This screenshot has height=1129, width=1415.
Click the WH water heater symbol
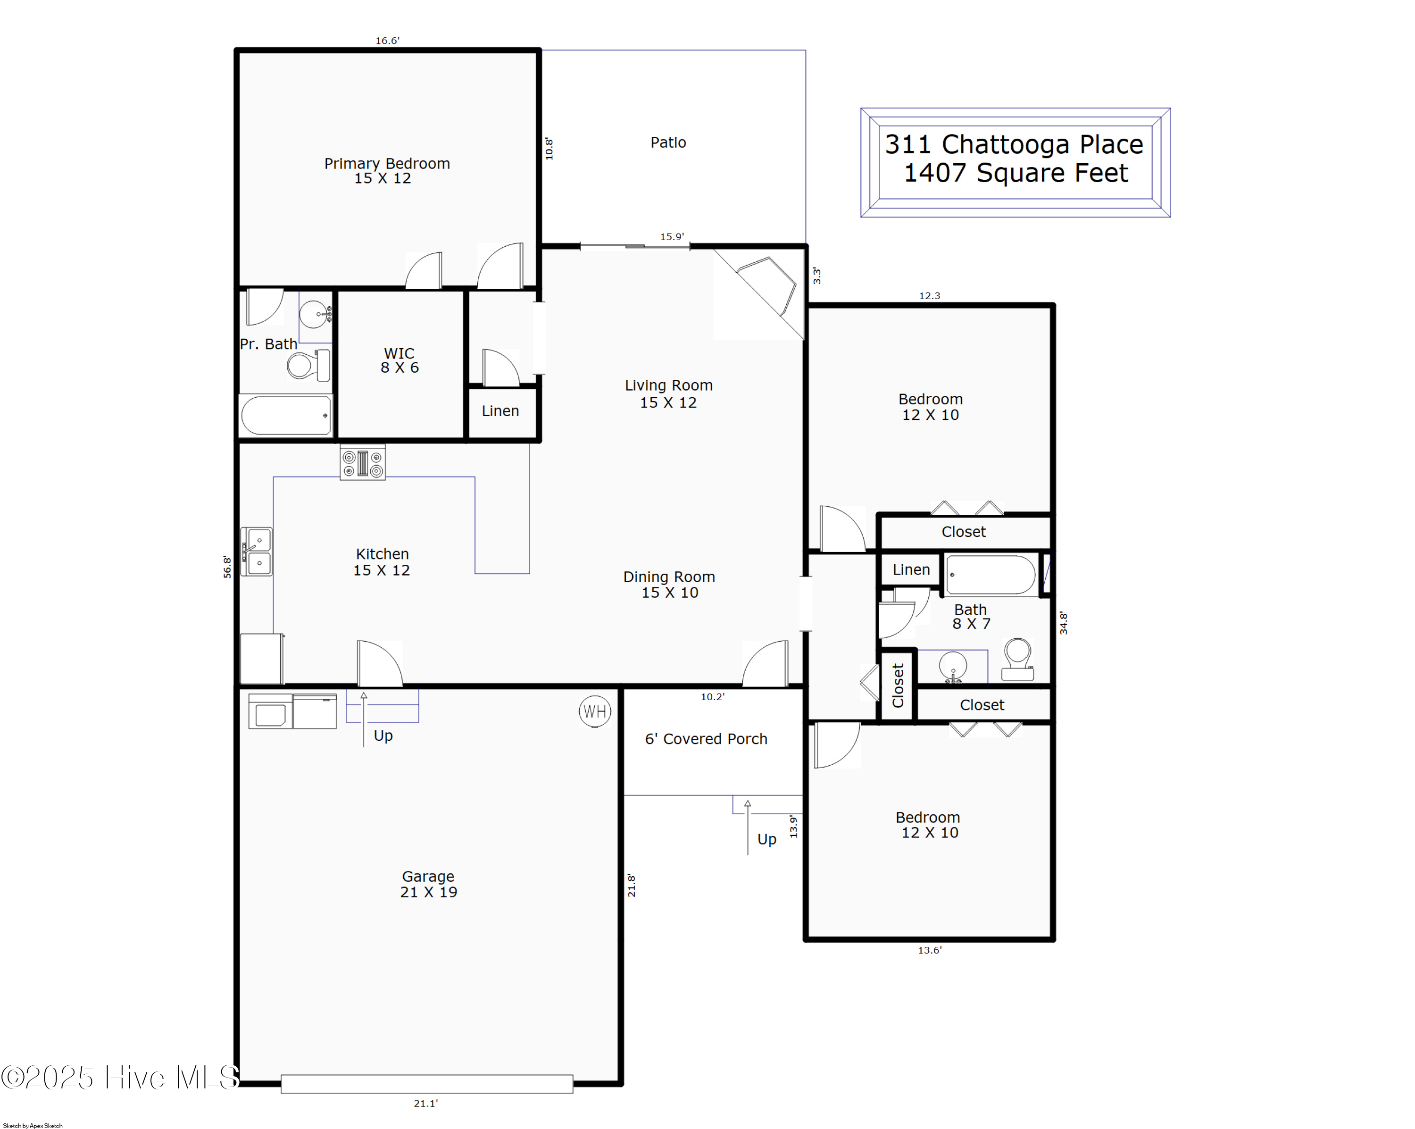coord(595,711)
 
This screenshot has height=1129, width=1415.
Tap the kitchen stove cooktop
coord(362,463)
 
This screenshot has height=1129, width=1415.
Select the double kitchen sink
coord(257,552)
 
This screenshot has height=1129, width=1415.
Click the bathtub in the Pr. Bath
coord(285,415)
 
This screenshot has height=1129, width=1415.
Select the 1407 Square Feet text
coord(1015,173)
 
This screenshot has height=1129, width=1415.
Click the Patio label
coord(668,142)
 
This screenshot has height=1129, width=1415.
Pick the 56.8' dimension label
coord(227,567)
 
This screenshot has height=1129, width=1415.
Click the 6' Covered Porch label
coord(706,739)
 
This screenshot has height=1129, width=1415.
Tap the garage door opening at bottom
coord(426,1084)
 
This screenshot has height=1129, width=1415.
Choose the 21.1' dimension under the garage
coord(425,1104)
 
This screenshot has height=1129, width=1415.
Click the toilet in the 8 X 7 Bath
coord(1017,660)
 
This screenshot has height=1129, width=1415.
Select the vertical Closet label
coord(898,685)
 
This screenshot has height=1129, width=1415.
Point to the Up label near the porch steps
coord(766,839)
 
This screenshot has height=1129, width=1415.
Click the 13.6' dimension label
coord(929,950)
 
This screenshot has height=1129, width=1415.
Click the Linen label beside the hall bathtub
coord(911,570)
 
